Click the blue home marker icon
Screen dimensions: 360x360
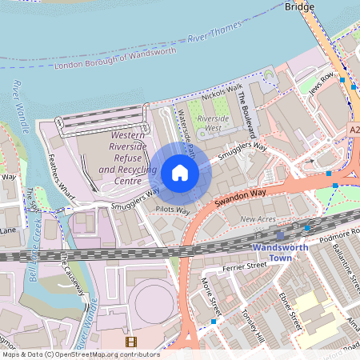180,173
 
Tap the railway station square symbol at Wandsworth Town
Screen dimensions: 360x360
280,235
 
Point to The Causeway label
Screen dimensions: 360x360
73,274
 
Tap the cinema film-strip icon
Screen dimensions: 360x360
130,342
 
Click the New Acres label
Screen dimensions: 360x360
258,218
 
